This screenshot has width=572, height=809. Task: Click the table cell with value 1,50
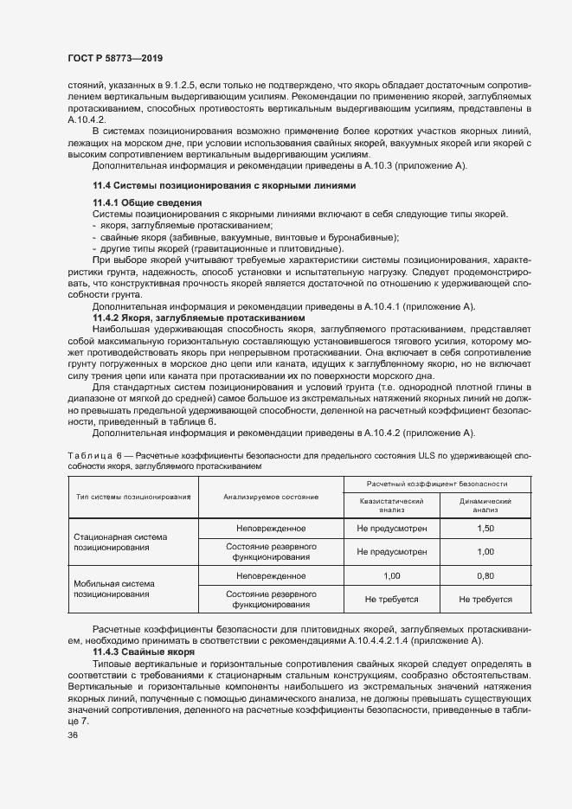(485, 528)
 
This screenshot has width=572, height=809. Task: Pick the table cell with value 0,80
(485, 575)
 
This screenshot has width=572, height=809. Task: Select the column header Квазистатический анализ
(391, 504)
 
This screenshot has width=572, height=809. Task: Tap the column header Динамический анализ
(485, 504)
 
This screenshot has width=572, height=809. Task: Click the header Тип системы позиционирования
(133, 497)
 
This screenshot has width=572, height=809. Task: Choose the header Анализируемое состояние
(271, 497)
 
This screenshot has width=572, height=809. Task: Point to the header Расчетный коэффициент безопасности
(437, 484)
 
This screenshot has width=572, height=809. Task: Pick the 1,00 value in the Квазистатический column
(391, 575)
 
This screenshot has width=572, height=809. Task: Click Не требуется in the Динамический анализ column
(485, 598)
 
